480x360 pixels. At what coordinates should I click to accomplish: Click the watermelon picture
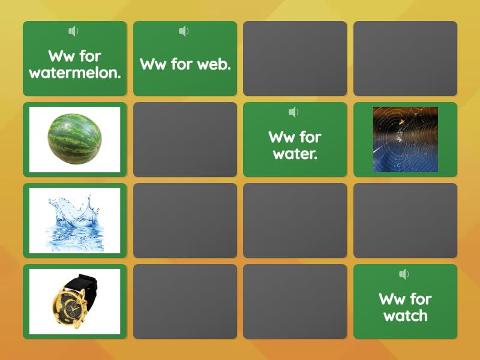(x=74, y=139)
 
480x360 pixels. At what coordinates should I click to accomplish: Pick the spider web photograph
(x=405, y=139)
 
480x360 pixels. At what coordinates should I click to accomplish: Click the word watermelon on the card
(x=74, y=73)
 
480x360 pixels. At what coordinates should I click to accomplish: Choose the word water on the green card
(x=294, y=154)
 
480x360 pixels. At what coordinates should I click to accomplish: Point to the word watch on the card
(x=405, y=316)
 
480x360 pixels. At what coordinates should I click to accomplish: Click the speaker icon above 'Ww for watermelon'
(x=74, y=31)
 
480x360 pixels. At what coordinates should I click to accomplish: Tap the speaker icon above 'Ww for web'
(x=184, y=31)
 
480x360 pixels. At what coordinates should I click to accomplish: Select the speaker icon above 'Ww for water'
(x=293, y=112)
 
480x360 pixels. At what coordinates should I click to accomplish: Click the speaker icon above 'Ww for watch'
(x=404, y=274)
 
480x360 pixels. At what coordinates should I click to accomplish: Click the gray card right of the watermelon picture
(x=185, y=139)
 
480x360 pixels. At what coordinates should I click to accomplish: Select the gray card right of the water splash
(x=185, y=220)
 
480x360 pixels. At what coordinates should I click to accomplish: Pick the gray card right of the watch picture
(x=185, y=301)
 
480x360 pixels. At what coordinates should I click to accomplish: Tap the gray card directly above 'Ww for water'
(x=295, y=58)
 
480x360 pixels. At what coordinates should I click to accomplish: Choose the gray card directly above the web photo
(x=405, y=58)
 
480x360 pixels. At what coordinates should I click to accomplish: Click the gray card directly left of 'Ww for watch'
(x=295, y=301)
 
